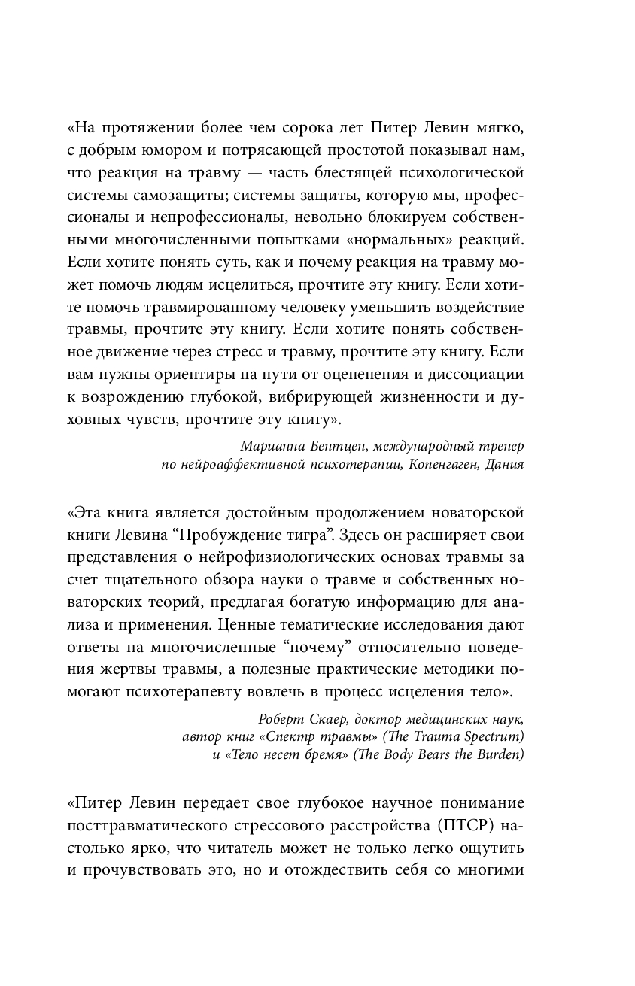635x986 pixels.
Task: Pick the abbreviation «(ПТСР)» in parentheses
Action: coord(463,826)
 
